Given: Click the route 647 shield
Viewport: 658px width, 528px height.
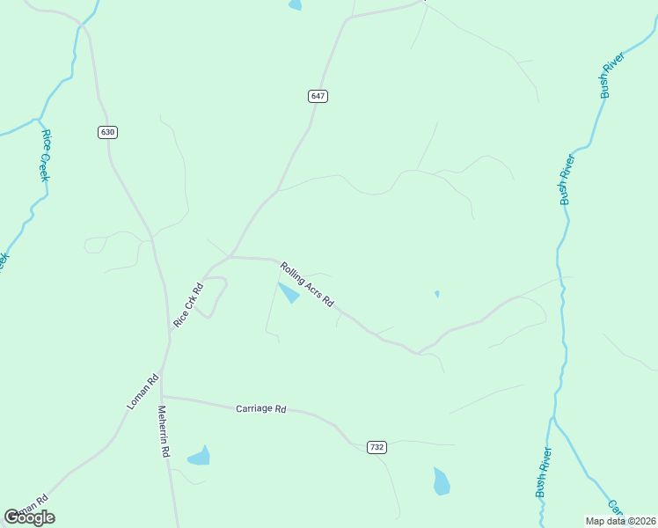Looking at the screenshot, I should pos(318,96).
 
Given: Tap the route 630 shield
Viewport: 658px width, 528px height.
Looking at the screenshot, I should pos(107,132).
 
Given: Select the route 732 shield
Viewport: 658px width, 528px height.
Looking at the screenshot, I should pos(377,447).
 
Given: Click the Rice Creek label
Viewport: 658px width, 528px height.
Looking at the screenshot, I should pos(46,156).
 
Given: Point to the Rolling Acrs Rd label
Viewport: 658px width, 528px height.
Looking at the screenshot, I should pos(307,284).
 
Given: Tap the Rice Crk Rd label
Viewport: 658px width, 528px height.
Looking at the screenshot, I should pos(188,305).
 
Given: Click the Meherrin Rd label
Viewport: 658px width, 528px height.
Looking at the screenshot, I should pos(163,431).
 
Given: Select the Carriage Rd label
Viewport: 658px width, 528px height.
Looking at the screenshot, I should pos(261,409).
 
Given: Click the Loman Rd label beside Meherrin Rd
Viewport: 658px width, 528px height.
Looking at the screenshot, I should pos(142,391).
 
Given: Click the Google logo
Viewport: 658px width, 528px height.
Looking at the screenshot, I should pos(30,517).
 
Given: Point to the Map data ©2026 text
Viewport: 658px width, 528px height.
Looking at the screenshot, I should pos(620,521).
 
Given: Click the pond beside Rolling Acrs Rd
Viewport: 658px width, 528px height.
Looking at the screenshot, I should pos(289,292).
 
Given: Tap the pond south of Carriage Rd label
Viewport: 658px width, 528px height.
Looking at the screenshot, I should pos(200,456).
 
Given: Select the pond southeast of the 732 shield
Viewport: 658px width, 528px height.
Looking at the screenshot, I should pos(442,481).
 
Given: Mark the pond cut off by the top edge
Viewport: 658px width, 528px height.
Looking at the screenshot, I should pos(294,4).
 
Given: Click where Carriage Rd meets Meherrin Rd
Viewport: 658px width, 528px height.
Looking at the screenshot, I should pos(164,396).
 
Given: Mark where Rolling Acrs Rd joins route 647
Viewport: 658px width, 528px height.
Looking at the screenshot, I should pos(230,257).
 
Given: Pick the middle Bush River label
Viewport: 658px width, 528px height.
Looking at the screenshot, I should pos(567,180).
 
